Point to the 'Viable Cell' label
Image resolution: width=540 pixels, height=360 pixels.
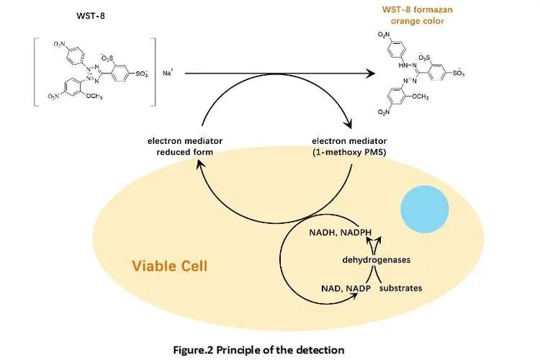(170, 266)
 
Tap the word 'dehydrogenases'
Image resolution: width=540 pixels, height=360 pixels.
(372, 259)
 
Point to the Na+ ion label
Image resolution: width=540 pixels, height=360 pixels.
(167, 73)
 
